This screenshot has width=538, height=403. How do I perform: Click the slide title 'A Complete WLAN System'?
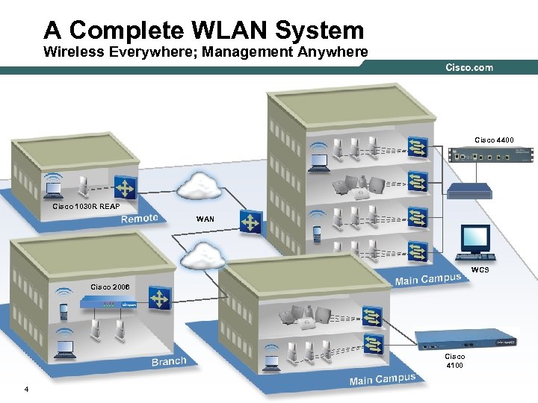204,30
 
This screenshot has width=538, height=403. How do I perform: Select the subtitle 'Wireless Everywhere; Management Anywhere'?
205,52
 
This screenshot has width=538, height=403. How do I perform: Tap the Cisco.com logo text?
469,68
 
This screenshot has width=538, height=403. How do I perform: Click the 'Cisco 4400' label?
495,139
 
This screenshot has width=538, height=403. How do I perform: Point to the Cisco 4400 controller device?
491,155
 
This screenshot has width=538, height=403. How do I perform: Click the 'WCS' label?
480,269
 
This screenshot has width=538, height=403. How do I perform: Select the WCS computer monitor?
474,239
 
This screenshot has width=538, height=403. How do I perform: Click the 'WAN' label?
205,219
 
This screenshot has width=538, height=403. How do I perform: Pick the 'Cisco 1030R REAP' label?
86,205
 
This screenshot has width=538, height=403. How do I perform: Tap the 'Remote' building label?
140,218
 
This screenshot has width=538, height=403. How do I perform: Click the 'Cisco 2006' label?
110,287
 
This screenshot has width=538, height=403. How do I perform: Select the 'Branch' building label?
169,361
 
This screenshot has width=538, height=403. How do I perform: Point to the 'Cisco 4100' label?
454,361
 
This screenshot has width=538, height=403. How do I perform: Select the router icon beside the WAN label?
250,222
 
